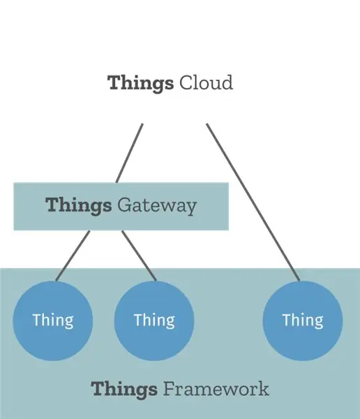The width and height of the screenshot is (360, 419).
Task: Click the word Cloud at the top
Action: click(x=206, y=82)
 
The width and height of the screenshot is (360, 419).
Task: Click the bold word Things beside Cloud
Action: click(x=140, y=84)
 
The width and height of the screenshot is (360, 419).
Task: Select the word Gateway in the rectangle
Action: click(x=157, y=206)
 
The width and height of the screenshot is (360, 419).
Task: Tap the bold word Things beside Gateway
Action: click(x=79, y=206)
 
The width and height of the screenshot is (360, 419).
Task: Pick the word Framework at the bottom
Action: click(x=216, y=389)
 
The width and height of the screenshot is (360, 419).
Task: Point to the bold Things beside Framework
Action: click(x=124, y=390)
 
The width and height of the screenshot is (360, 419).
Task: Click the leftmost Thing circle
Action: click(x=53, y=321)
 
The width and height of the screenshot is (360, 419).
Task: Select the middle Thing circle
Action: click(x=154, y=321)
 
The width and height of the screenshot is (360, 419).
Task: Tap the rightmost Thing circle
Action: click(x=303, y=321)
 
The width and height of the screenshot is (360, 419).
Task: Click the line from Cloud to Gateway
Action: click(x=129, y=153)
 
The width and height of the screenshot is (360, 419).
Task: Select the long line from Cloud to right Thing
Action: click(x=253, y=203)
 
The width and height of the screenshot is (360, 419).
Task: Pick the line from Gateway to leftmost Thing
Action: click(x=73, y=256)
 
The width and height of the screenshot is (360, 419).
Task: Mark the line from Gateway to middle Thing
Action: click(x=139, y=256)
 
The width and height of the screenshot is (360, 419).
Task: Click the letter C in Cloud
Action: click(x=186, y=83)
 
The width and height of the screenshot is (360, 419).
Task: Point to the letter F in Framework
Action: click(x=170, y=389)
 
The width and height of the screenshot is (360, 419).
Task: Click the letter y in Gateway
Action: click(x=190, y=208)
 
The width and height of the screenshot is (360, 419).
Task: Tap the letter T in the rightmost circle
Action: click(x=287, y=320)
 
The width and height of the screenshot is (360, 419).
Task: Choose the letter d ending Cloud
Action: click(x=226, y=82)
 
